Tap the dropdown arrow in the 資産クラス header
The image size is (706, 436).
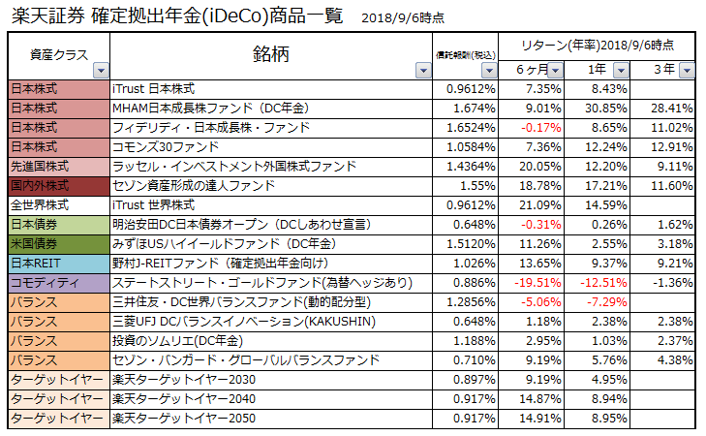point(100,71)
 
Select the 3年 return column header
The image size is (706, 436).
point(663,70)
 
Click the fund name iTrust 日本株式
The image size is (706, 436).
point(154,89)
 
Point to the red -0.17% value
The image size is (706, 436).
point(541,127)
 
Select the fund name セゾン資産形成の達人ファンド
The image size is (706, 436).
point(195,185)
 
